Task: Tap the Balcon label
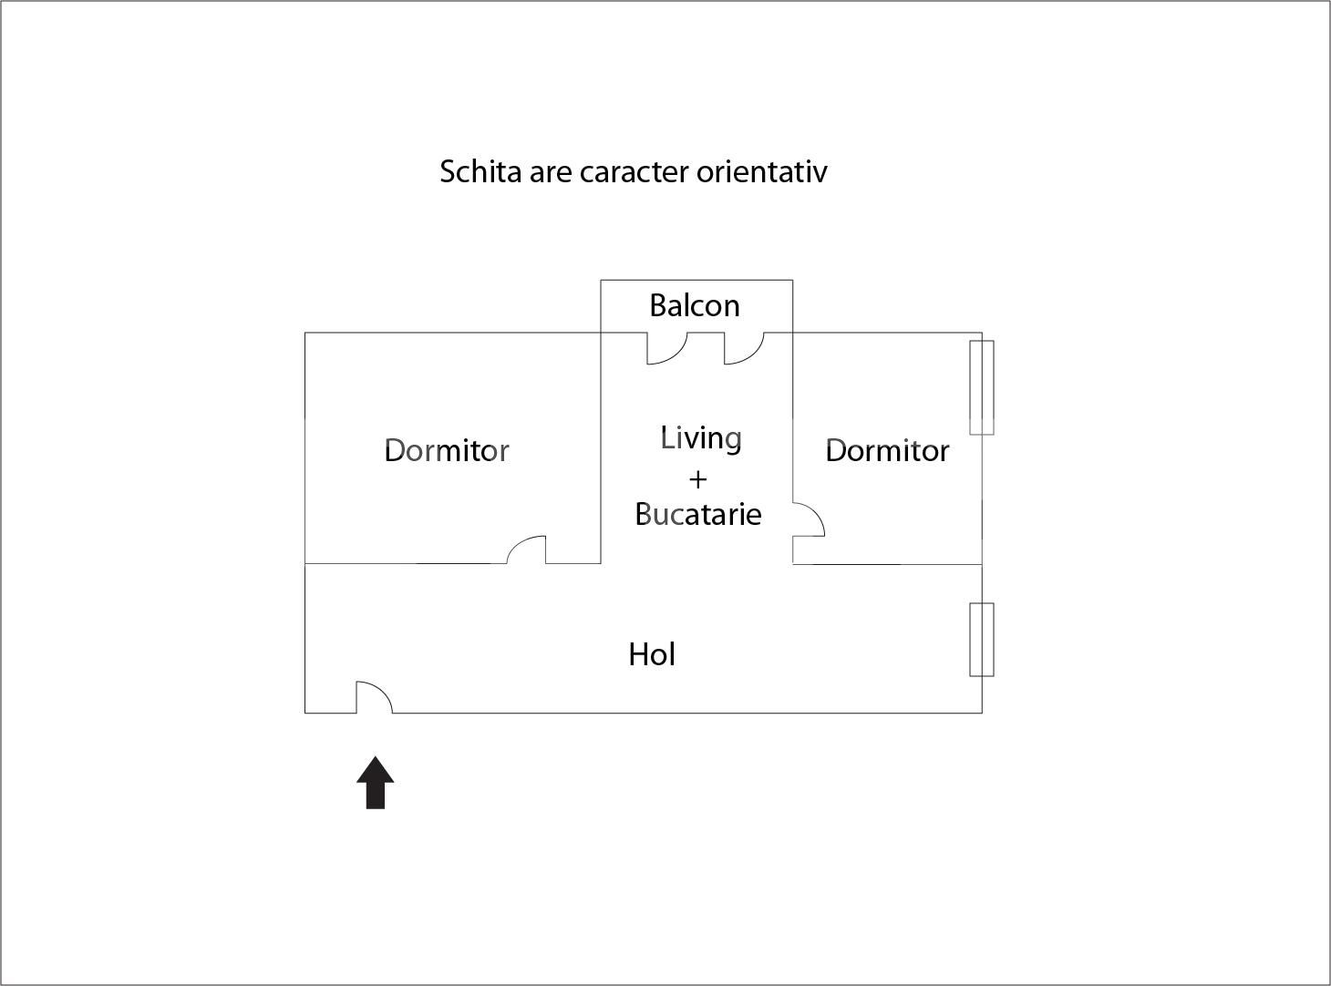[694, 305]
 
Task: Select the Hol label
[651, 654]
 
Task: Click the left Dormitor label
[446, 450]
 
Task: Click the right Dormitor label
[886, 450]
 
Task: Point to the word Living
[700, 438]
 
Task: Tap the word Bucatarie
[697, 514]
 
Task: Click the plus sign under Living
[697, 478]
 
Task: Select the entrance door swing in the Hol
[372, 697]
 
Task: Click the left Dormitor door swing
[529, 549]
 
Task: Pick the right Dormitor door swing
[808, 520]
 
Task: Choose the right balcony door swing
[742, 349]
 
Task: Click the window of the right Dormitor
[981, 387]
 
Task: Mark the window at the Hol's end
[981, 639]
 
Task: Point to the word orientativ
[762, 171]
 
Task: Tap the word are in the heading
[550, 171]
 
